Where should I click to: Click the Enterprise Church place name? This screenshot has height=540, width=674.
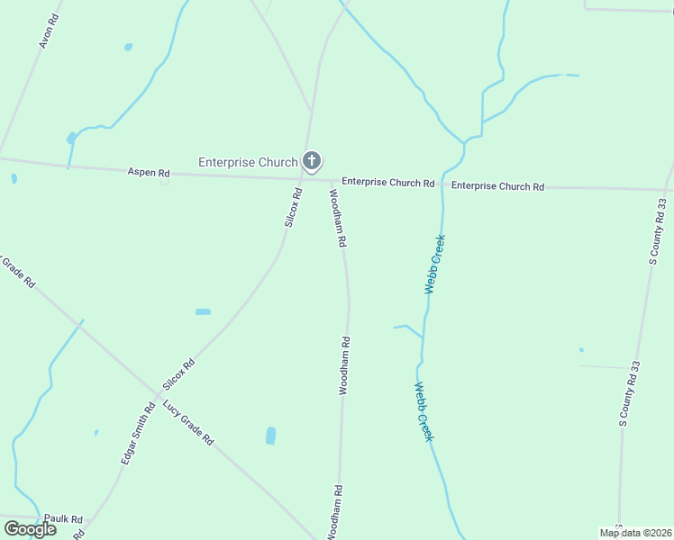click(x=248, y=162)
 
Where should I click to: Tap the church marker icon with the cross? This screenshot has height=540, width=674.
click(x=311, y=162)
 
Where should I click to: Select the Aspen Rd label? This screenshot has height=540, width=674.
click(x=148, y=172)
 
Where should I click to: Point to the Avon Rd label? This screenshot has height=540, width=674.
click(x=48, y=32)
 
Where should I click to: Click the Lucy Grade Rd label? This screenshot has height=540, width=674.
click(x=188, y=423)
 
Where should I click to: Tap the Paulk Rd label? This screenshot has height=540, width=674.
click(x=63, y=519)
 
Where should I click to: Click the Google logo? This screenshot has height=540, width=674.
click(x=30, y=529)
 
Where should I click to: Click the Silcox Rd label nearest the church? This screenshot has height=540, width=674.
click(x=294, y=207)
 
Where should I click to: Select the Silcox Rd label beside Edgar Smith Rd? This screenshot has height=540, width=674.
click(x=178, y=375)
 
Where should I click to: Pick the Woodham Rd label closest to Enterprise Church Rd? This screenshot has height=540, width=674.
click(x=337, y=218)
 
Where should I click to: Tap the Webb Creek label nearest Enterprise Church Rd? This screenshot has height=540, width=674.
click(x=435, y=265)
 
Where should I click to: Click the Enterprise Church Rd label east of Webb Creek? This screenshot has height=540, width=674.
click(x=497, y=186)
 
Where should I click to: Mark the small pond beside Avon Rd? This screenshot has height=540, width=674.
click(x=128, y=47)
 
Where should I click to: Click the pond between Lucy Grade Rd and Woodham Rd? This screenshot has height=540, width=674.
click(x=270, y=436)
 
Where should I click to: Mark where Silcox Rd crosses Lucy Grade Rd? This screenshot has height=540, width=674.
click(x=154, y=398)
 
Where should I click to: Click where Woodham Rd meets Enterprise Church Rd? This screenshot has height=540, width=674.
click(x=331, y=180)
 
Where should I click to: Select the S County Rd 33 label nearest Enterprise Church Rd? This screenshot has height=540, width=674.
click(x=659, y=231)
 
